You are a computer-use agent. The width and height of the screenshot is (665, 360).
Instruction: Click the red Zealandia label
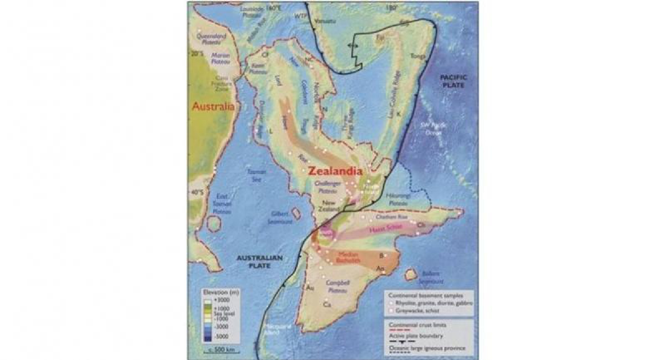334,172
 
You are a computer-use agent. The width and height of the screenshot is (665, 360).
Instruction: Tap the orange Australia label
213,107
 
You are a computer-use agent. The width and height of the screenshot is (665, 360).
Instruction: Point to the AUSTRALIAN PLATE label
260,262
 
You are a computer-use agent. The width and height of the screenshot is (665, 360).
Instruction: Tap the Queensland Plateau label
211,39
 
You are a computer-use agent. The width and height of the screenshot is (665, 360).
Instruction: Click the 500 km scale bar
220,350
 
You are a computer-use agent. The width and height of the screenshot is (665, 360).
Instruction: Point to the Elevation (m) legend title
221,293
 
